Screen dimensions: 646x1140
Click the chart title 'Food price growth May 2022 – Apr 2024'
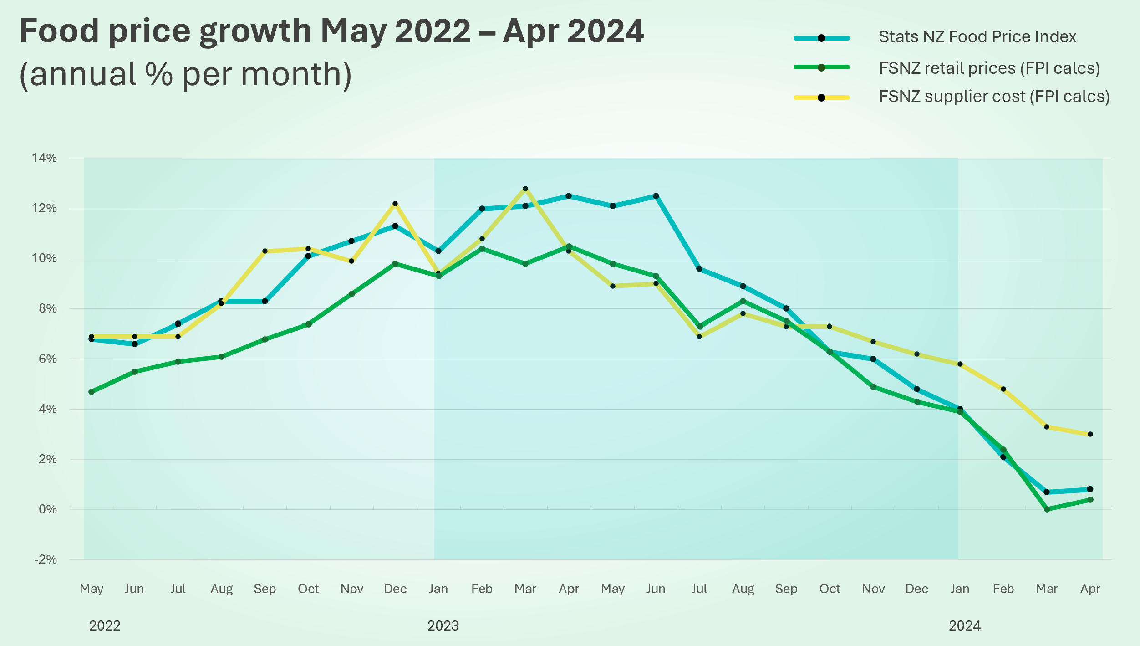click(x=331, y=31)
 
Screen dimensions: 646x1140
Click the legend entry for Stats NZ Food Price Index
click(x=977, y=37)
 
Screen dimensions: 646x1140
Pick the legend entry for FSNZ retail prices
click(x=989, y=68)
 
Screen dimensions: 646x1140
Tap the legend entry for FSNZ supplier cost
click(x=994, y=97)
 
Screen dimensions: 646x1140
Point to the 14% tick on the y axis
click(x=44, y=158)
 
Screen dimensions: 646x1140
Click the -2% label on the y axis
click(x=45, y=559)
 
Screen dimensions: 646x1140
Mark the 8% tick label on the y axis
click(x=47, y=309)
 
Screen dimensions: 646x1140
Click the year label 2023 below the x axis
click(x=443, y=626)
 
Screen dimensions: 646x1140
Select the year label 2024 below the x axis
click(x=964, y=626)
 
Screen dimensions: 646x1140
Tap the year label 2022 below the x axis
click(x=105, y=626)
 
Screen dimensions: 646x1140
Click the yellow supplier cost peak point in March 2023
click(x=525, y=189)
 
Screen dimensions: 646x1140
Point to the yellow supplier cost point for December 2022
click(x=395, y=204)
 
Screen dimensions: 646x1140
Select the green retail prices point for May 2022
click(x=92, y=392)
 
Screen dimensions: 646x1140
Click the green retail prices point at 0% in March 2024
click(x=1047, y=509)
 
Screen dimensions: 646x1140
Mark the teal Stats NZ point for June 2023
click(x=656, y=196)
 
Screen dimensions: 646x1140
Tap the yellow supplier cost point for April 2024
click(x=1090, y=434)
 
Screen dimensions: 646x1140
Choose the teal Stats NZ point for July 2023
click(x=699, y=269)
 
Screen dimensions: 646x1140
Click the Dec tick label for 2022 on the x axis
click(x=395, y=589)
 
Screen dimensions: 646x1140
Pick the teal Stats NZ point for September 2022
click(x=265, y=301)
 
